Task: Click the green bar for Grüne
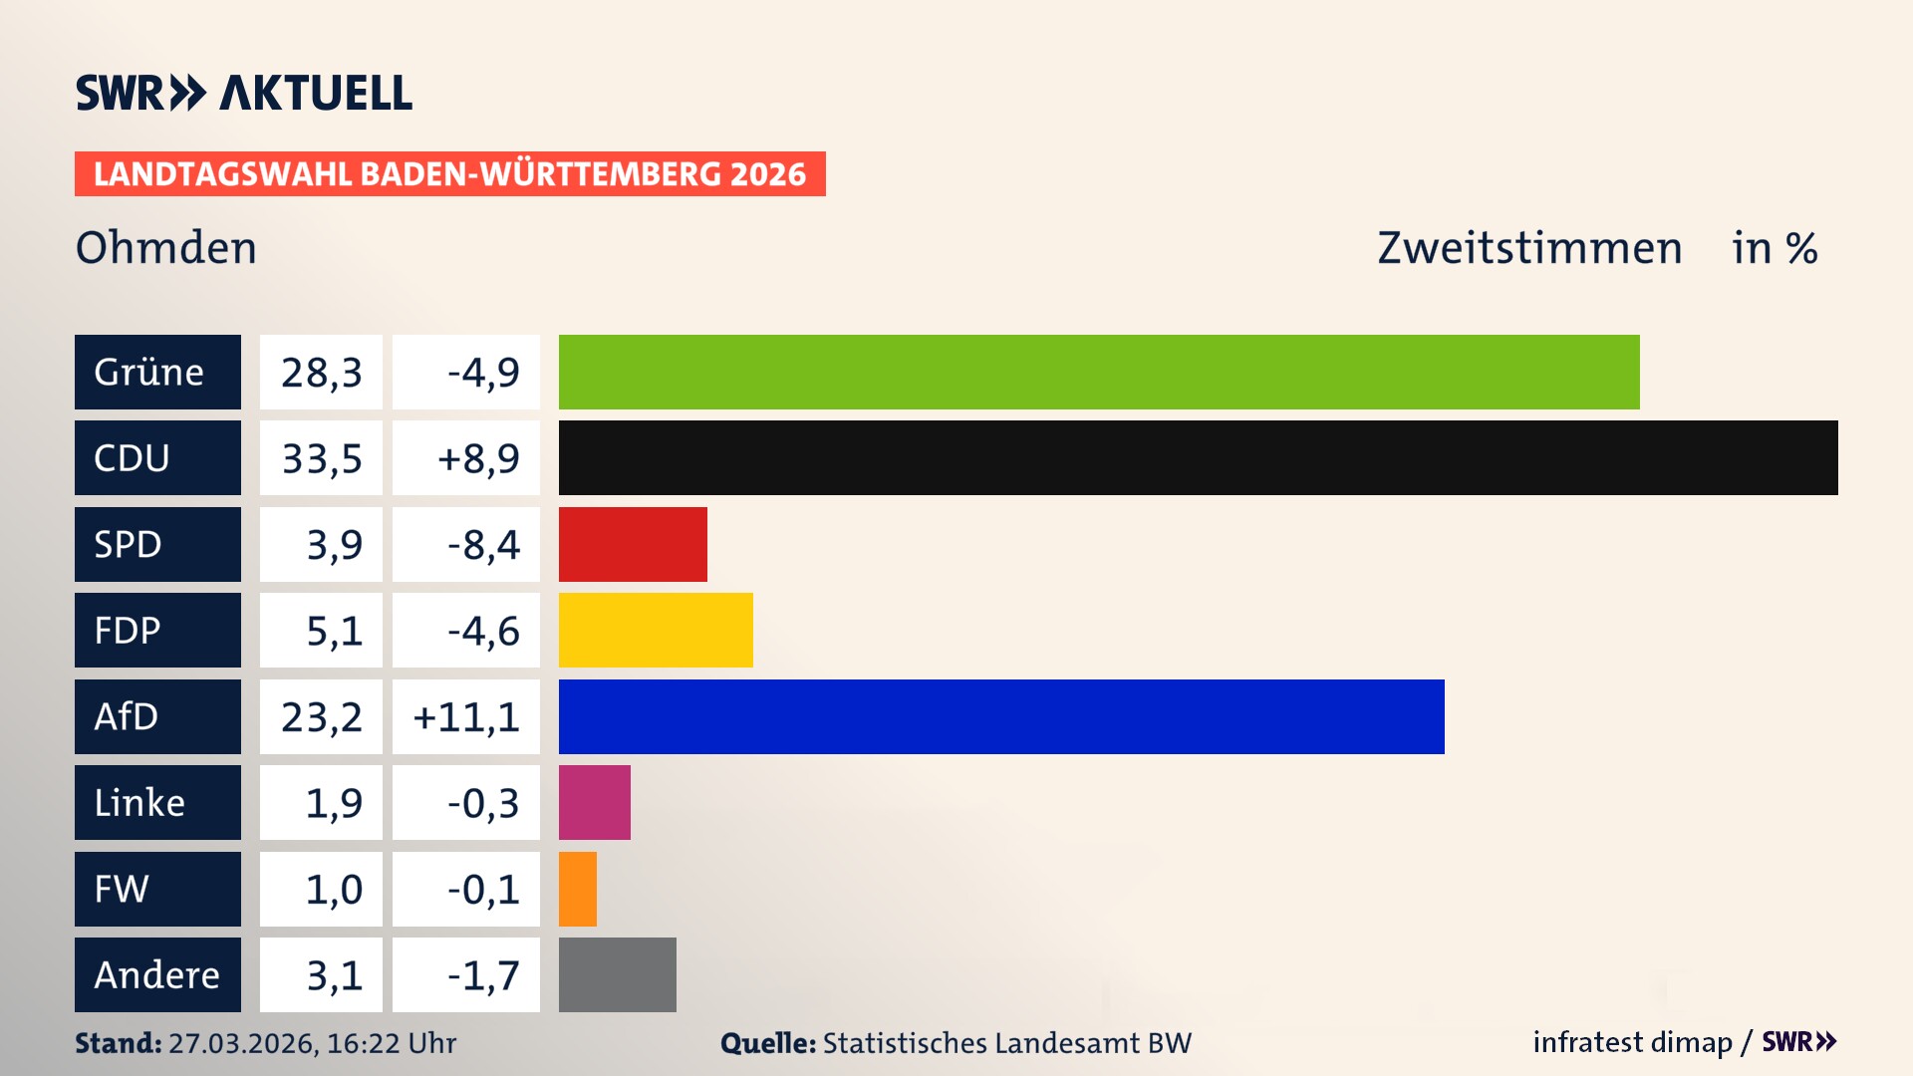pyautogui.click(x=1098, y=372)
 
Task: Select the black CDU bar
pyautogui.click(x=1198, y=457)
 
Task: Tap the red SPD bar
pyautogui.click(x=633, y=544)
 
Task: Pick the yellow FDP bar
pyautogui.click(x=656, y=630)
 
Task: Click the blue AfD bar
pyautogui.click(x=1001, y=716)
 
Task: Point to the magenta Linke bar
pyautogui.click(x=594, y=802)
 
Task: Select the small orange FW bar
pyautogui.click(x=578, y=889)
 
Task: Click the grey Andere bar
pyautogui.click(x=617, y=974)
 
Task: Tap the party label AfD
pyautogui.click(x=127, y=716)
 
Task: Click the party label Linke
pyautogui.click(x=139, y=802)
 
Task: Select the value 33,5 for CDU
pyautogui.click(x=321, y=458)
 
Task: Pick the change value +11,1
pyautogui.click(x=466, y=717)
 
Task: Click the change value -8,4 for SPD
pyautogui.click(x=483, y=545)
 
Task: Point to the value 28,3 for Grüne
pyautogui.click(x=321, y=373)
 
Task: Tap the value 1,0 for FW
pyautogui.click(x=334, y=889)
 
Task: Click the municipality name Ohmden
pyautogui.click(x=166, y=248)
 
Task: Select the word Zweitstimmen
pyautogui.click(x=1529, y=248)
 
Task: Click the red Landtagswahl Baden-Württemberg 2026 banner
pyautogui.click(x=449, y=174)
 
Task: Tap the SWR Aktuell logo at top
pyautogui.click(x=244, y=93)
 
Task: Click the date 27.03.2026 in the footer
pyautogui.click(x=242, y=1043)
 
